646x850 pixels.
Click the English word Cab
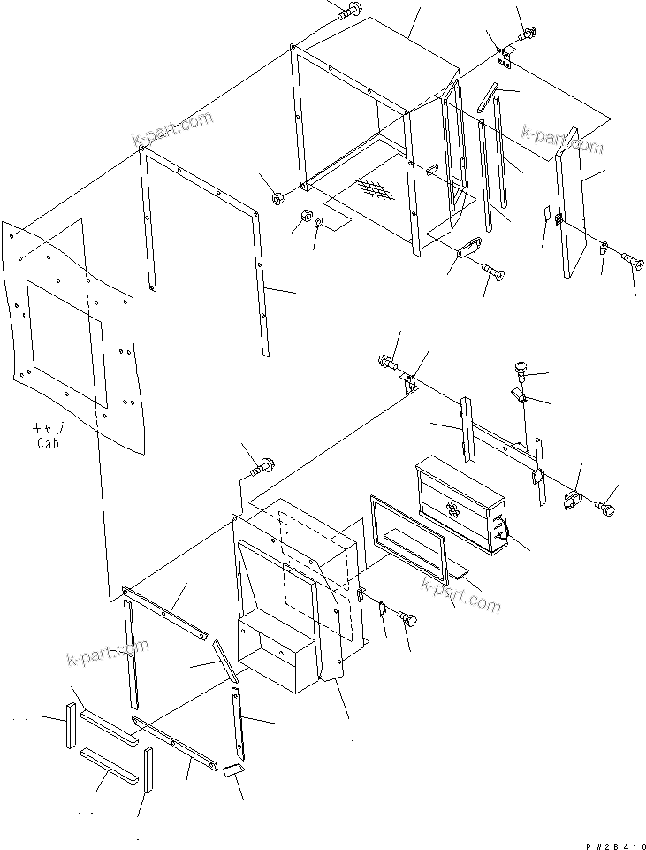coord(48,443)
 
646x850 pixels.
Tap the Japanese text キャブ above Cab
coord(48,429)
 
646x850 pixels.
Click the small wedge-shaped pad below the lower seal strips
coord(233,771)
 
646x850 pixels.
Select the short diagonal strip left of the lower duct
coord(226,662)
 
